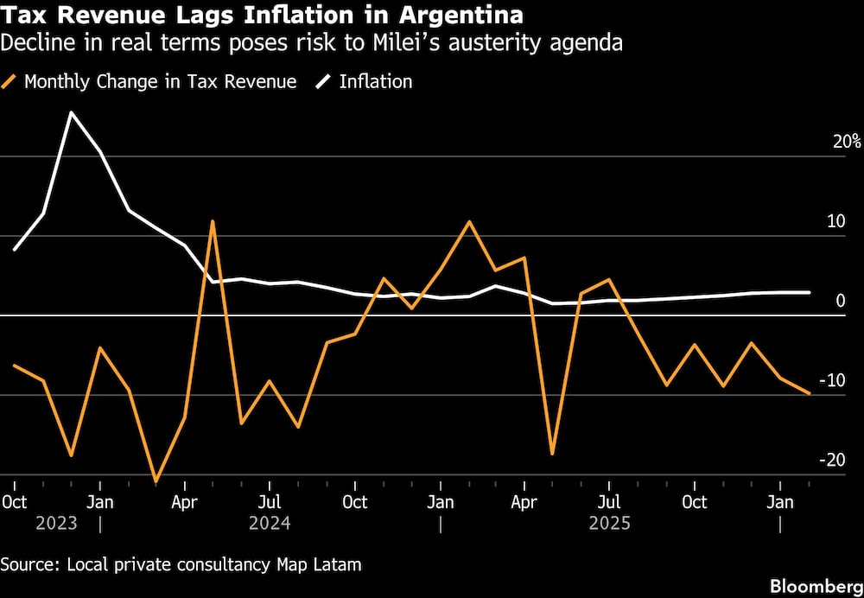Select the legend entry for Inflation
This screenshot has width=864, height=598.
375,82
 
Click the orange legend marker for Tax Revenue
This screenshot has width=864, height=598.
10,82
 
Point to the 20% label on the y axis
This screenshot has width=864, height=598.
846,142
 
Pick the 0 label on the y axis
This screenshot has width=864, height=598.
840,301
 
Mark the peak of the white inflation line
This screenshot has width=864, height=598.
71,112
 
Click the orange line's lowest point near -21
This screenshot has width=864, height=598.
156,481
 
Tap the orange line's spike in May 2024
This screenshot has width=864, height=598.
213,221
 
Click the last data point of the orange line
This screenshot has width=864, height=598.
809,393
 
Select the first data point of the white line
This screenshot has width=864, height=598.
15,249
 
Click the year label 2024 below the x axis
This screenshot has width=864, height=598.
270,524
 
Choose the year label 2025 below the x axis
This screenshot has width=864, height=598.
609,524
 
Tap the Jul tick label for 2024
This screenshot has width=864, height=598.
270,502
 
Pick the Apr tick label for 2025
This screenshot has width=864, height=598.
524,502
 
